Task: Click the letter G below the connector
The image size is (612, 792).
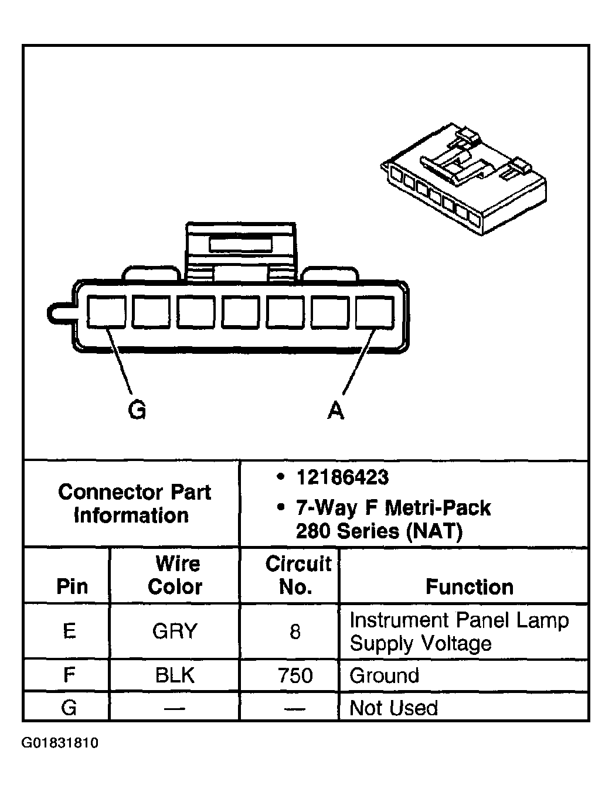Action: click(137, 410)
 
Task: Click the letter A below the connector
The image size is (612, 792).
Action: click(336, 411)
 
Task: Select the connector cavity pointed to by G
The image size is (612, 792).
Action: click(106, 312)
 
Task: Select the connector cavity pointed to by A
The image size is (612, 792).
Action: click(375, 312)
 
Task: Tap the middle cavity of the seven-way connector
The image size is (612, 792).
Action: click(240, 312)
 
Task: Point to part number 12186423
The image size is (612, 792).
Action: click(342, 477)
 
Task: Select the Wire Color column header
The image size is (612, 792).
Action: click(175, 575)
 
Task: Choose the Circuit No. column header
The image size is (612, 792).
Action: click(297, 575)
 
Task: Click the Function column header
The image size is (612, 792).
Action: click(469, 586)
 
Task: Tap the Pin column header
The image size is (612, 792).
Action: click(72, 586)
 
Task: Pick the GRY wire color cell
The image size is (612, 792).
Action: click(175, 631)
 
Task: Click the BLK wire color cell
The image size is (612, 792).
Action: click(175, 675)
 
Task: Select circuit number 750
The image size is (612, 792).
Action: click(295, 675)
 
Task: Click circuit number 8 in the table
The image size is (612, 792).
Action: click(295, 631)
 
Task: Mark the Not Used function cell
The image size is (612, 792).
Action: click(393, 708)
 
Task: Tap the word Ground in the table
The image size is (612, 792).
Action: click(384, 675)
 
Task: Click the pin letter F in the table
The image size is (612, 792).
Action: click(69, 675)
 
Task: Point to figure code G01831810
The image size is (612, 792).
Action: click(60, 743)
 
